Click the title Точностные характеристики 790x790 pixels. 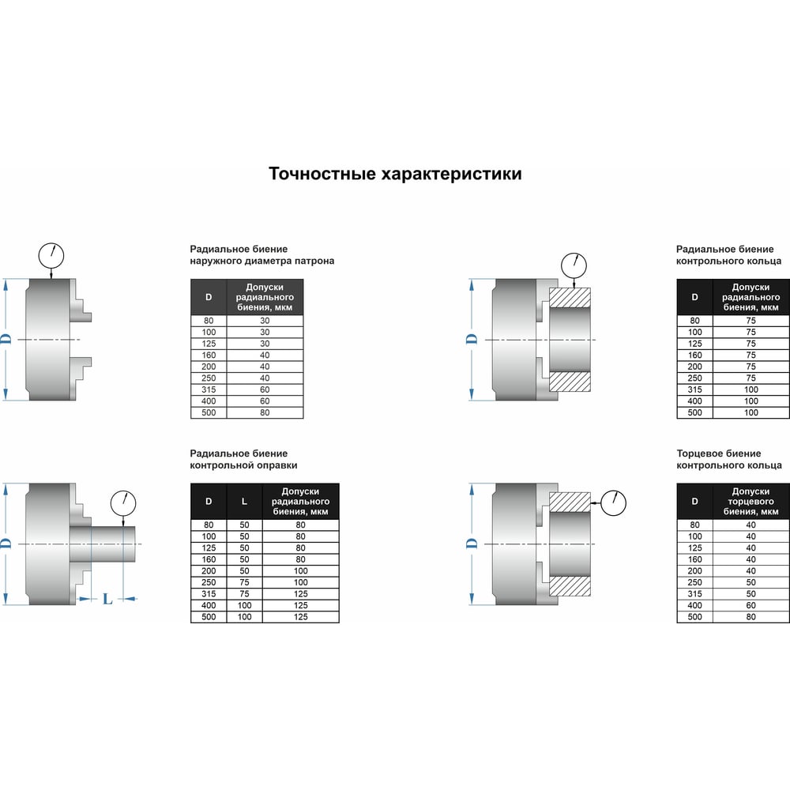coord(395,174)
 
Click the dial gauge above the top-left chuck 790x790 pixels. coord(51,255)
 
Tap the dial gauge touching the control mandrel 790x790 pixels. coord(123,502)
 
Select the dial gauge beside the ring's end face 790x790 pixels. coord(613,502)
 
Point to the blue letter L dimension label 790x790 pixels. coord(107,599)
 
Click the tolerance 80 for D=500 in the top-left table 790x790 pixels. coord(265,412)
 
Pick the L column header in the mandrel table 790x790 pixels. coord(244,502)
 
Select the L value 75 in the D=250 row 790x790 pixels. coord(244,582)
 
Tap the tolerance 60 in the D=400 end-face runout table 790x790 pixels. coord(750,606)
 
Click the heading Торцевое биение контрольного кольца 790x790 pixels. coord(729,460)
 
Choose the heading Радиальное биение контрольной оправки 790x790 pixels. coord(243,460)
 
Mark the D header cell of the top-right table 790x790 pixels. coord(694,297)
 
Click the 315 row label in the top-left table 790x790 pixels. coord(209,390)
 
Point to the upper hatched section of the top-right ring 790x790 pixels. coord(570,298)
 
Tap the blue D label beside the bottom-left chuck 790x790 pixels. coord(6,544)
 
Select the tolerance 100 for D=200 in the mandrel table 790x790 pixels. coord(300,571)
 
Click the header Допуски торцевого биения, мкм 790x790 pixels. coord(750,502)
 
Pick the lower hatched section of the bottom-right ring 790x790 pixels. coord(570,586)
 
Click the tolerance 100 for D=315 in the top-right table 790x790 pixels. coord(750,390)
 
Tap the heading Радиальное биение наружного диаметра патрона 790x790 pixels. coord(262,255)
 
